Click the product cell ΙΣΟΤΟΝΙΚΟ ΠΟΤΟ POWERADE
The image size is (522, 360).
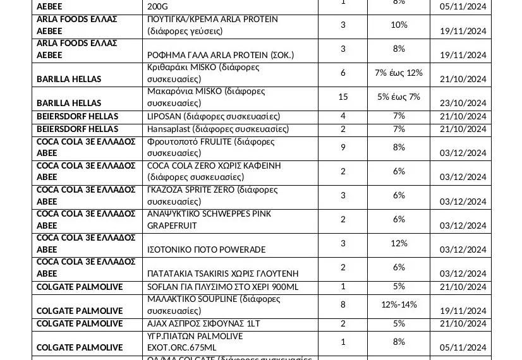point(206,249)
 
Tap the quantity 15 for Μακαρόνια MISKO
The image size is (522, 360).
point(343,97)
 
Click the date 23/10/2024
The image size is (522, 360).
point(463,103)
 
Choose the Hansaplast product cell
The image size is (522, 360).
point(217,129)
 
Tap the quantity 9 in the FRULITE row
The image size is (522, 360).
point(343,147)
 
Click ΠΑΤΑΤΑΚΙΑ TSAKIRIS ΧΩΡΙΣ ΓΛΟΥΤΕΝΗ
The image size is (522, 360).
point(222,273)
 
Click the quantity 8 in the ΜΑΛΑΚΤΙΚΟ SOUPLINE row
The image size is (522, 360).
point(343,304)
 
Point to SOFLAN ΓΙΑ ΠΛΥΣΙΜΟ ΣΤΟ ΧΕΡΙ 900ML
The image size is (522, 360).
point(222,287)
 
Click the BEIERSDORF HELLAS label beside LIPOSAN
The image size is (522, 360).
point(78,116)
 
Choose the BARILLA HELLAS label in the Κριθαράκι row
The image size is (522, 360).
point(69,79)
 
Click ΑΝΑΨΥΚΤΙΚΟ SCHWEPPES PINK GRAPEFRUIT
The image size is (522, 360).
point(209,219)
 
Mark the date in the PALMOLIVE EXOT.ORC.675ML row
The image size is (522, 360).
point(463,347)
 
